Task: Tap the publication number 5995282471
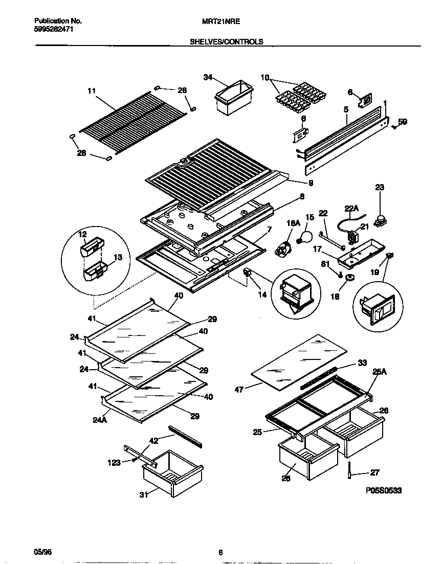point(54,29)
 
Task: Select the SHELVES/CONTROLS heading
point(227,42)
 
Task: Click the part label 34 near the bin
point(207,77)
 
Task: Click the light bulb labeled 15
point(306,236)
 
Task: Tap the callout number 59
point(403,122)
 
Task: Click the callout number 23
point(379,188)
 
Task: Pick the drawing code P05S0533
point(384,490)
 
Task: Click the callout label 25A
point(380,373)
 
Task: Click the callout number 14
point(262,295)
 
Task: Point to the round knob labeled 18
point(349,278)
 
